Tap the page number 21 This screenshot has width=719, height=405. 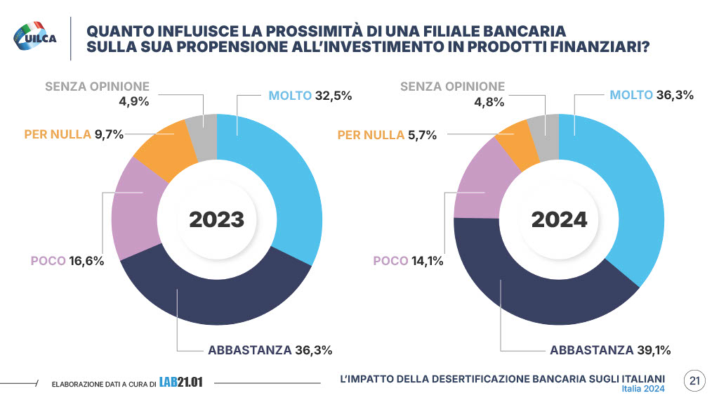tap(695, 381)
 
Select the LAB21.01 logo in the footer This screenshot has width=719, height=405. tap(180, 382)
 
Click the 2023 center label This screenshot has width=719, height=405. tap(217, 219)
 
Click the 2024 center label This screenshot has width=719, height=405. tap(559, 219)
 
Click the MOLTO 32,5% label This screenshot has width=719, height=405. tap(310, 95)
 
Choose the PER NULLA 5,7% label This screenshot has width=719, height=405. tap(387, 134)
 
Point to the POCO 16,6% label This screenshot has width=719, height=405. tap(67, 261)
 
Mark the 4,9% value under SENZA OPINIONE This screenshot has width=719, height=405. tap(136, 102)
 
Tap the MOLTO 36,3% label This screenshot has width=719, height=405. tap(652, 95)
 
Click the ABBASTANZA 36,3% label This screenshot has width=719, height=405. tap(270, 349)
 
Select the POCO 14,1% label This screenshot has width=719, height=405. tap(408, 261)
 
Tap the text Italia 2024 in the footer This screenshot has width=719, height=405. tap(643, 389)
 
